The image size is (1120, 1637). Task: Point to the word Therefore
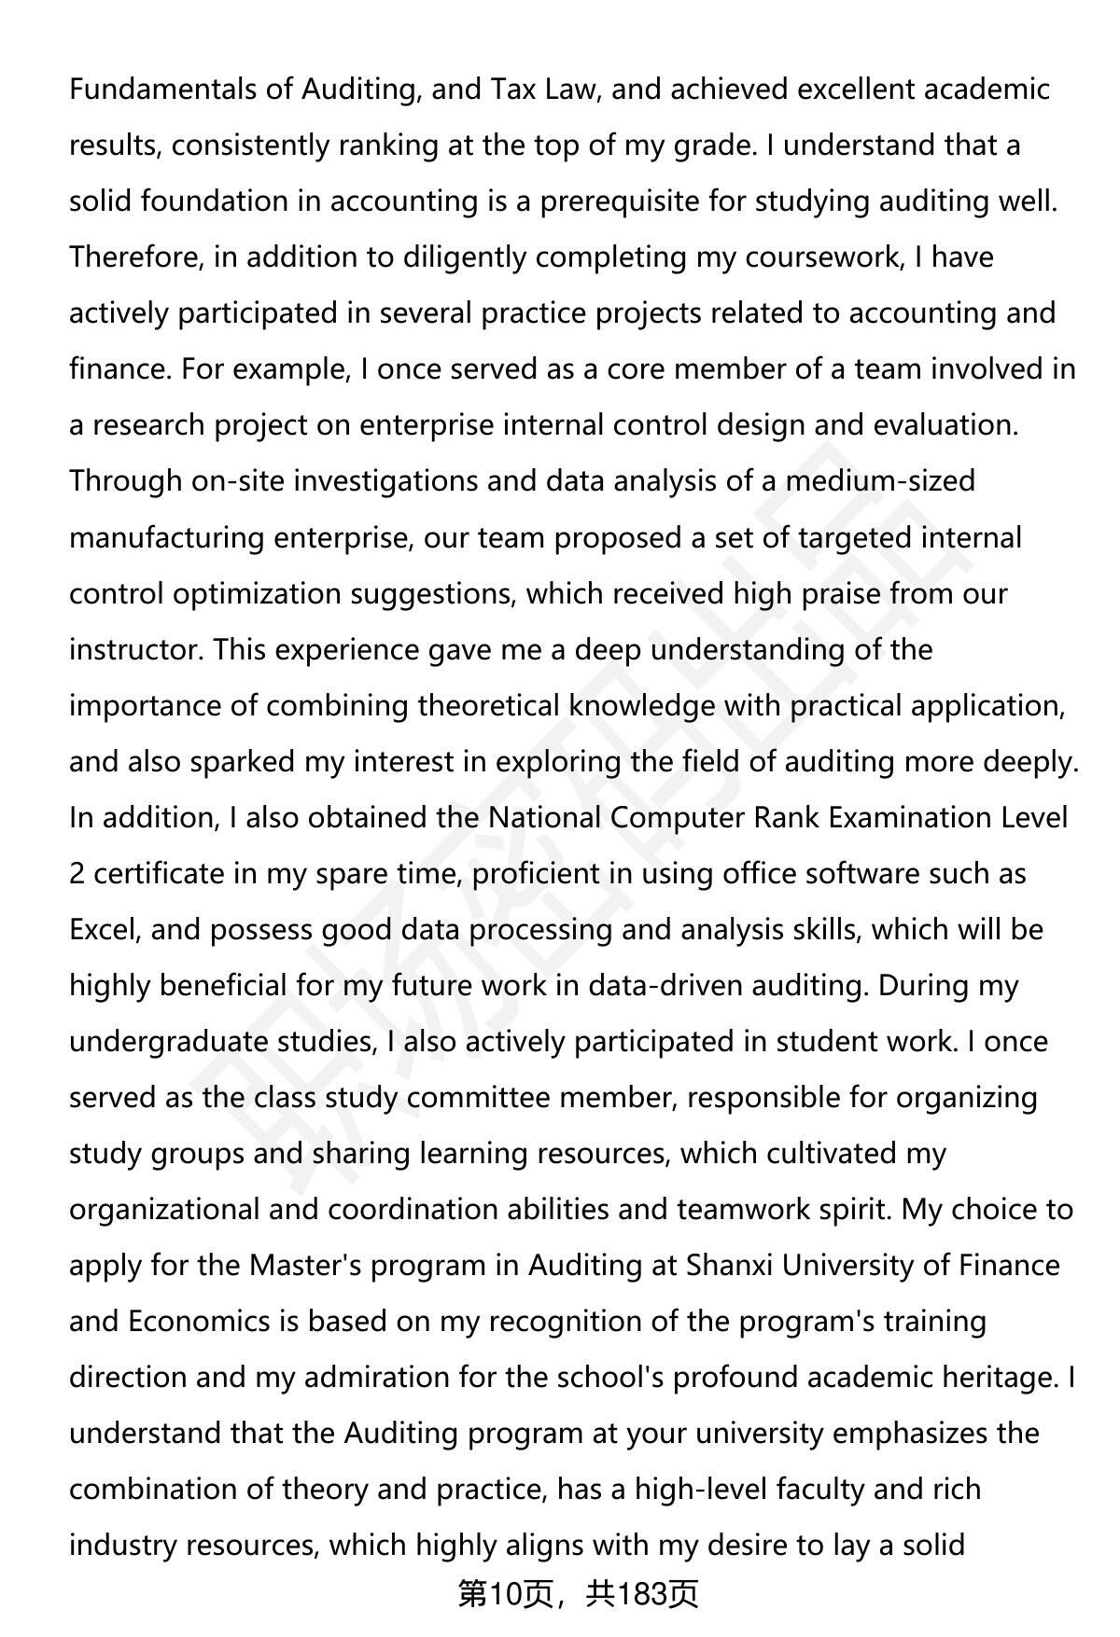(136, 257)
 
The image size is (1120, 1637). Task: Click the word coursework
(821, 257)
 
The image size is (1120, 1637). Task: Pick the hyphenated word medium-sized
(880, 481)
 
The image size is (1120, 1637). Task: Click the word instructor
(136, 649)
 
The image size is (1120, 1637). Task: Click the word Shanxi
(729, 1265)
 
